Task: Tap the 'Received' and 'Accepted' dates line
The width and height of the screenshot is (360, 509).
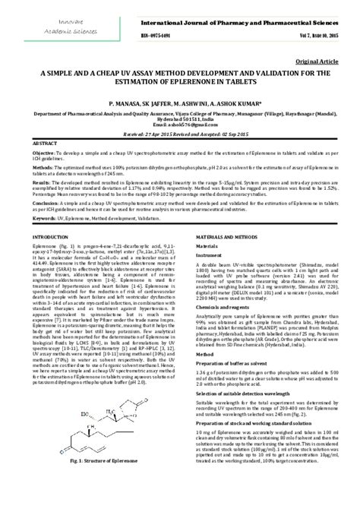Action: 180,133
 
